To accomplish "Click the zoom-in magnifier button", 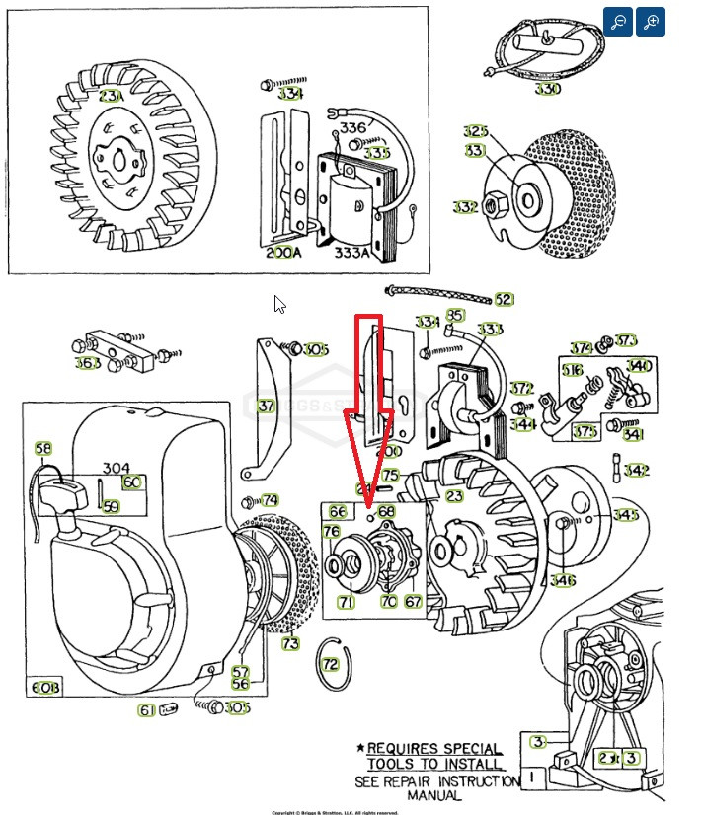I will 650,22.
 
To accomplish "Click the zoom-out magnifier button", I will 618,22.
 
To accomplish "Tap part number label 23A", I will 113,98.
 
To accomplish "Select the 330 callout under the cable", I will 547,89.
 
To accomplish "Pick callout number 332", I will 465,207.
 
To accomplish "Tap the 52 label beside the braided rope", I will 504,299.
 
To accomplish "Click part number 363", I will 88,363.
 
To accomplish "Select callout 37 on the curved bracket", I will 266,406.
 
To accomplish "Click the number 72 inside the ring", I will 331,663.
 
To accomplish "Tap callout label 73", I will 290,644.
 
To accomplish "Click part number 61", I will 146,709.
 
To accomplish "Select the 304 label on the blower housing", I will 116,468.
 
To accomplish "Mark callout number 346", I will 563,580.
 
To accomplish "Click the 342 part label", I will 637,471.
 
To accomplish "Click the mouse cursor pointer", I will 279,304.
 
